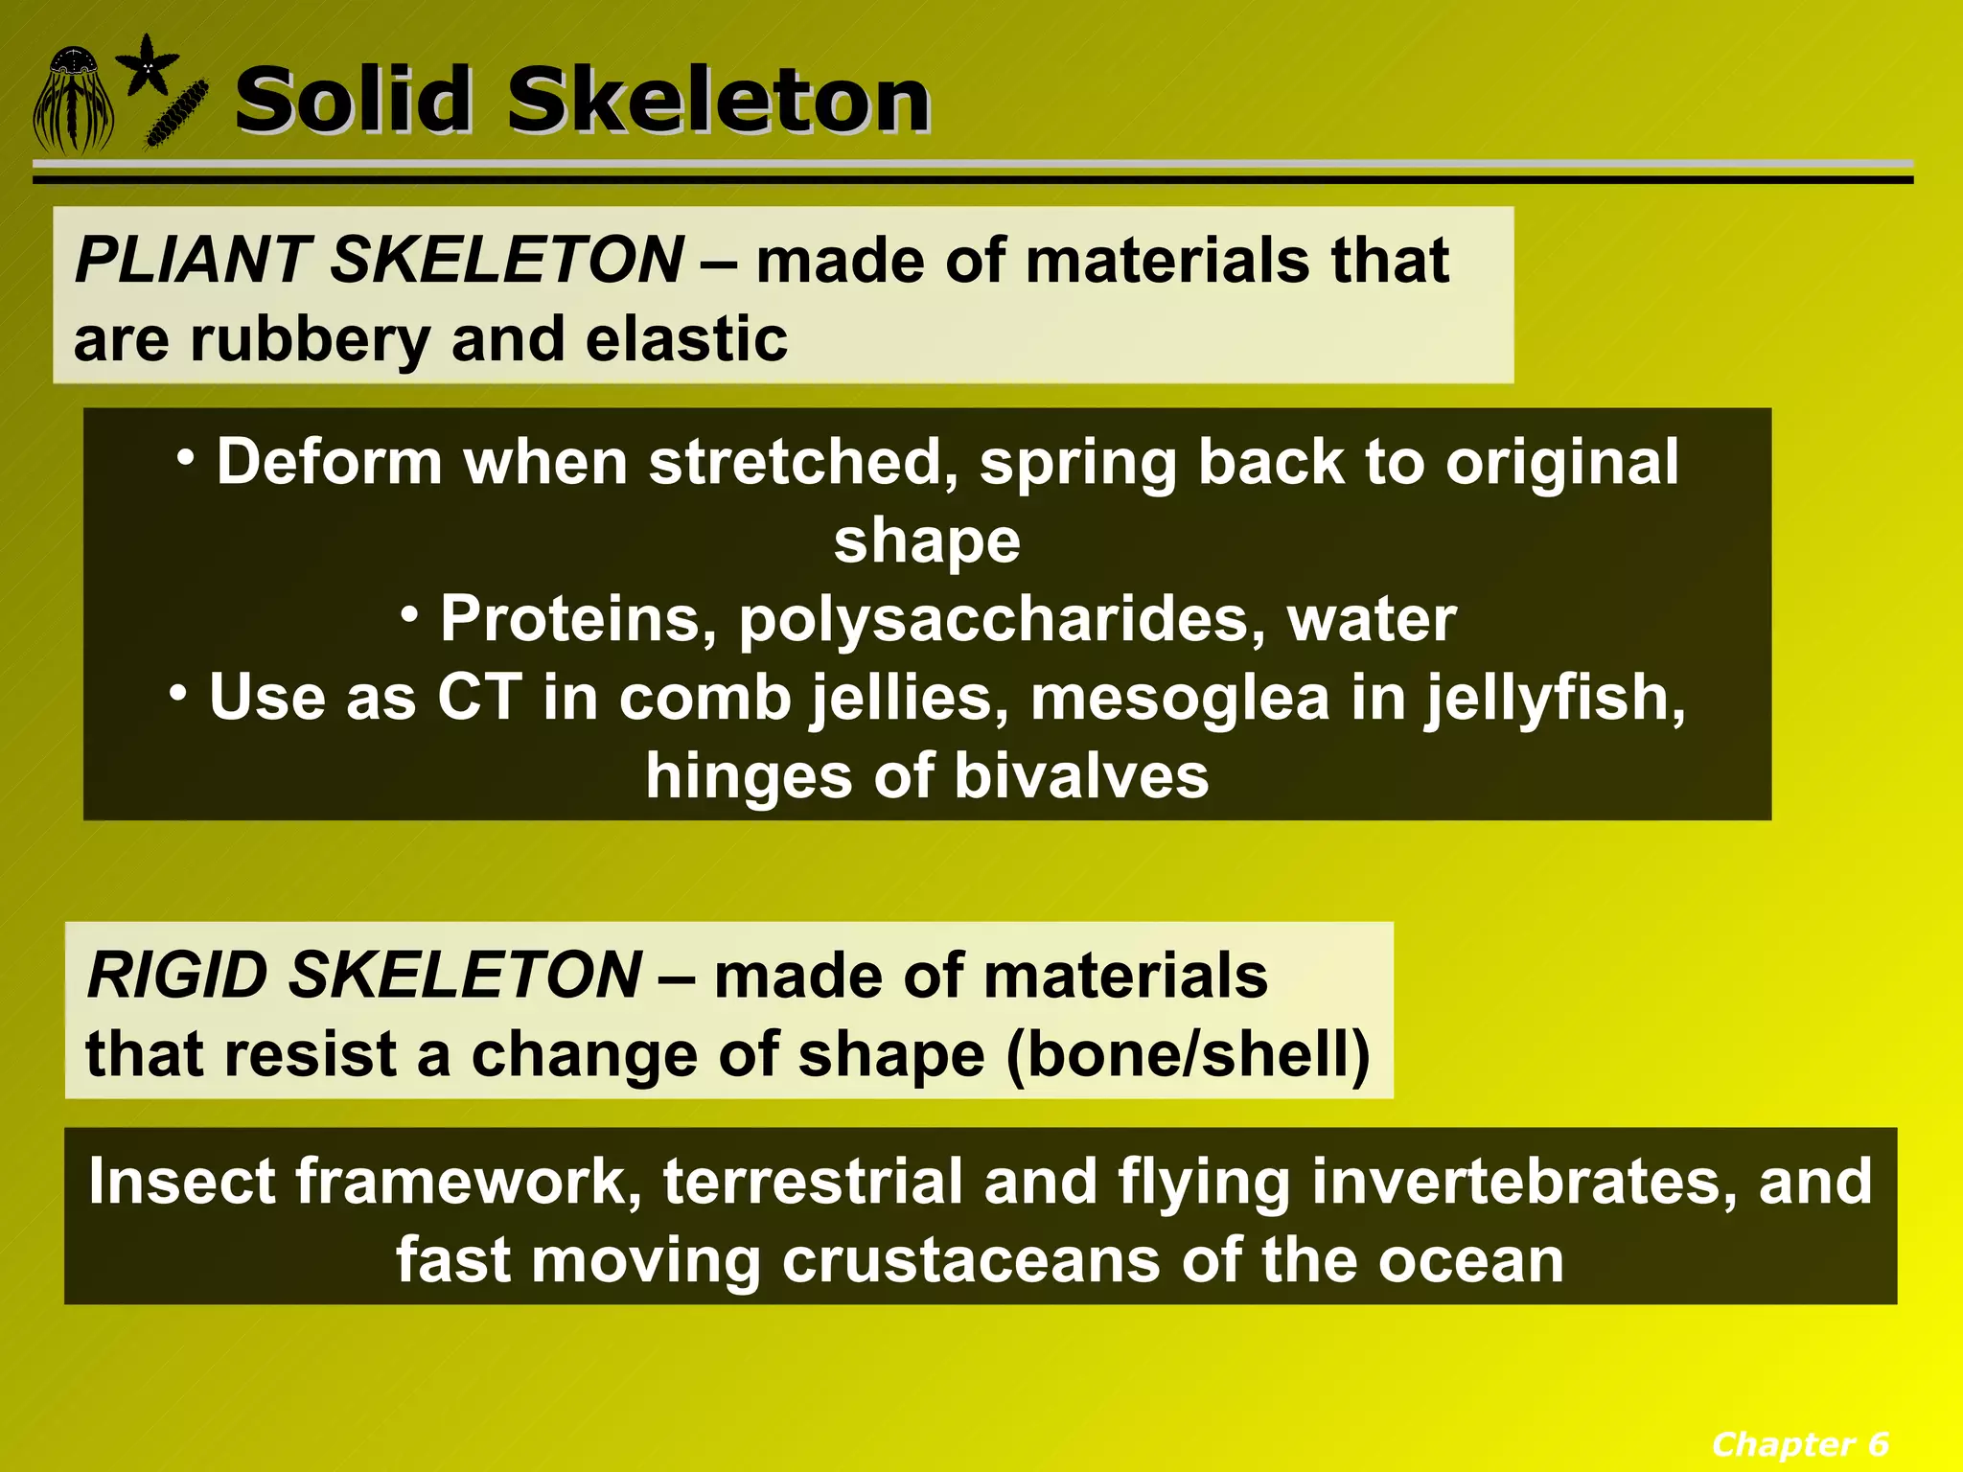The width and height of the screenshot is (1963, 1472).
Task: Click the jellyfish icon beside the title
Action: click(73, 102)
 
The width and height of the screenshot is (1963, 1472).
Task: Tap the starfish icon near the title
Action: click(147, 64)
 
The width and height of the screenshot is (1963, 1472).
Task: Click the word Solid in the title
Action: click(354, 100)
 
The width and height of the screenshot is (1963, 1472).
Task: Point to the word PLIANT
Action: click(188, 260)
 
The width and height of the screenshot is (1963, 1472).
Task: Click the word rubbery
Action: click(309, 340)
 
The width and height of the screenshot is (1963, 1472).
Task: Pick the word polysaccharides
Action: click(995, 620)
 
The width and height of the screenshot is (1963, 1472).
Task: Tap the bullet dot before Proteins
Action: click(410, 615)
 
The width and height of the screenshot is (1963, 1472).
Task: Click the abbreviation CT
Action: click(480, 697)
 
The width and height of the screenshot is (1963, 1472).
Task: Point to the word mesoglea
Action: click(1180, 697)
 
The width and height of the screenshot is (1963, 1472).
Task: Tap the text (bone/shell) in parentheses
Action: click(1188, 1055)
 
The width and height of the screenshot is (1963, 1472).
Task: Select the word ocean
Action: click(1470, 1260)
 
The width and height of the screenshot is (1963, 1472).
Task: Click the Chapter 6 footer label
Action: click(1799, 1443)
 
